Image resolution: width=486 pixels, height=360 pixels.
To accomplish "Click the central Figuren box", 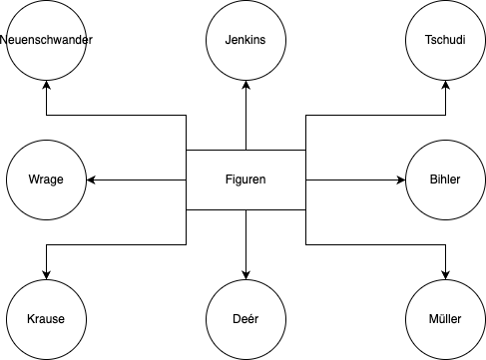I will pyautogui.click(x=245, y=180).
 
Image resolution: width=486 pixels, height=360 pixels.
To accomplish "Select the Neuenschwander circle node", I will pyautogui.click(x=46, y=41).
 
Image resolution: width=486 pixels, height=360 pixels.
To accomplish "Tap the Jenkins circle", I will pyautogui.click(x=245, y=41).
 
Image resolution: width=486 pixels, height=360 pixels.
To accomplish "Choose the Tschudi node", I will pyautogui.click(x=445, y=41).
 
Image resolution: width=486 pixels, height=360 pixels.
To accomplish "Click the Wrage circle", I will pyautogui.click(x=46, y=180).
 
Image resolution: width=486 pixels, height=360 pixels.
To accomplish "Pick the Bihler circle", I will pyautogui.click(x=445, y=180).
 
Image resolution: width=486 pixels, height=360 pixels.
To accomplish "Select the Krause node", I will pyautogui.click(x=46, y=319).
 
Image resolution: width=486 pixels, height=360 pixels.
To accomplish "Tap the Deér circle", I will pyautogui.click(x=245, y=319).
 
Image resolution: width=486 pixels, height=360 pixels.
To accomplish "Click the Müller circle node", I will pyautogui.click(x=445, y=319).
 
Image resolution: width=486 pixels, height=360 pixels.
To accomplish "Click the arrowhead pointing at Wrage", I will pyautogui.click(x=92, y=180).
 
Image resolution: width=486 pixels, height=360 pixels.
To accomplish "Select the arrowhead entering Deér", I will pyautogui.click(x=245, y=274).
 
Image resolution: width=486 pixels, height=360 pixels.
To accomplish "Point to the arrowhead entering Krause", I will pyautogui.click(x=46, y=274).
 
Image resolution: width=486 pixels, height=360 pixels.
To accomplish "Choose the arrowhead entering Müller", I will pyautogui.click(x=445, y=274).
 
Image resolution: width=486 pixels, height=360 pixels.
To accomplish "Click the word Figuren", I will pyautogui.click(x=245, y=180).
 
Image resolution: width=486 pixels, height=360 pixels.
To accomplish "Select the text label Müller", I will pyautogui.click(x=445, y=319).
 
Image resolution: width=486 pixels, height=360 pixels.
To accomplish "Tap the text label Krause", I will pyautogui.click(x=46, y=319).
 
